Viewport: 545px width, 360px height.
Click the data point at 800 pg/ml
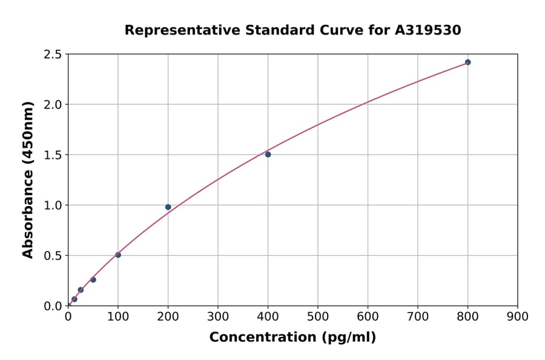click(x=467, y=62)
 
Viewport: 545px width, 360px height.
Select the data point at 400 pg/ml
click(x=268, y=154)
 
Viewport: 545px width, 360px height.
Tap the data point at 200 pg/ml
click(x=168, y=207)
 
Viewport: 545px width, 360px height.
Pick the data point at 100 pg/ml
click(x=118, y=255)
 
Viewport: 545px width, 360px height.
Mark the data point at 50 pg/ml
click(x=93, y=279)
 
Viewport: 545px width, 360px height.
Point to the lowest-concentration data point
click(x=74, y=299)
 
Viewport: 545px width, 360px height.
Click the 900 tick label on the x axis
click(x=517, y=316)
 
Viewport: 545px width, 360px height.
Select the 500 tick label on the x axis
click(x=317, y=316)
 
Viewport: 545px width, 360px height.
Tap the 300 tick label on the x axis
click(x=217, y=316)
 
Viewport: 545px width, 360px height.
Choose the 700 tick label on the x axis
click(x=417, y=316)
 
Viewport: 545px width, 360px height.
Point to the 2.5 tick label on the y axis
click(x=53, y=55)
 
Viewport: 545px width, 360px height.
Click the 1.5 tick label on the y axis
click(x=53, y=155)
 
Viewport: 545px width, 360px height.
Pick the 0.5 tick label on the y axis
click(x=53, y=256)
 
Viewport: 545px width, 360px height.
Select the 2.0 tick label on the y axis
click(x=53, y=105)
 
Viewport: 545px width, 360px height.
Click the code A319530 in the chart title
click(x=428, y=30)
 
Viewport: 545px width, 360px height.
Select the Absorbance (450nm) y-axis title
click(x=28, y=179)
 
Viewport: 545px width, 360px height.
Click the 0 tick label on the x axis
click(x=68, y=316)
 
